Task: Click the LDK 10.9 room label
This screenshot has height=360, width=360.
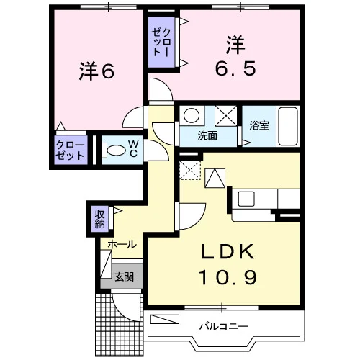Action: pyautogui.click(x=228, y=264)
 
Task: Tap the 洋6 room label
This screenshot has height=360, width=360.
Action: pyautogui.click(x=96, y=71)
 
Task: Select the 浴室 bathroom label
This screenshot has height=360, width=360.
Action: pyautogui.click(x=259, y=125)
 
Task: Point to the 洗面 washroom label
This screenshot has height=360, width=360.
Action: pyautogui.click(x=207, y=136)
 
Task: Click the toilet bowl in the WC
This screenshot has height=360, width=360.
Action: pyautogui.click(x=114, y=150)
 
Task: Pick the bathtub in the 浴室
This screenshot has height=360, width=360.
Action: pyautogui.click(x=288, y=126)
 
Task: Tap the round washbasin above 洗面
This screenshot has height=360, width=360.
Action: pyautogui.click(x=192, y=115)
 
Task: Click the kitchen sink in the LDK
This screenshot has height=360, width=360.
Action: pyautogui.click(x=246, y=199)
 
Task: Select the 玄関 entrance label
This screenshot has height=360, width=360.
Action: pyautogui.click(x=124, y=277)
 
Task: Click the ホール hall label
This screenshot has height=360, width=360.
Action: pyautogui.click(x=122, y=245)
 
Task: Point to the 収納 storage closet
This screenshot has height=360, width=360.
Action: pyautogui.click(x=99, y=219)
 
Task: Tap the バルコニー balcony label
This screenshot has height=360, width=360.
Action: pyautogui.click(x=224, y=326)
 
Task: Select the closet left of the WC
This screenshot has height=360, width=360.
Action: pyautogui.click(x=71, y=150)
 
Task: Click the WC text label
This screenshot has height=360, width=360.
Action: pyautogui.click(x=133, y=149)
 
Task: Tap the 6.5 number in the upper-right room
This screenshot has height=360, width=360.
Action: pyautogui.click(x=235, y=69)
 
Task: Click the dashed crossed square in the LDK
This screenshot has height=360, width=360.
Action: pyautogui.click(x=190, y=170)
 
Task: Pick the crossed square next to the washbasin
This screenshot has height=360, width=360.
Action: pyautogui.click(x=226, y=116)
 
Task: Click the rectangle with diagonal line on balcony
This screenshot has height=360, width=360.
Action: pyautogui.click(x=165, y=319)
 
